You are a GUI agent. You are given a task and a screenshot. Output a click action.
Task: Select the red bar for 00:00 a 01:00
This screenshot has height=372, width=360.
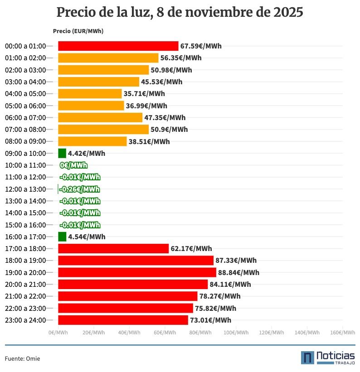coord(118,46)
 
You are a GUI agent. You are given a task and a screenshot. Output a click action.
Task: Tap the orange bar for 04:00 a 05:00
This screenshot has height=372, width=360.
coord(90,94)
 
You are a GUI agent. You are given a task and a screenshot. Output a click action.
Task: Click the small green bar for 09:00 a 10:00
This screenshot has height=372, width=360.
coord(62,153)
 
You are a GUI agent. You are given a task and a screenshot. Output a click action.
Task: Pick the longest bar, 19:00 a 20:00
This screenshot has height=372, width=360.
coord(137,272)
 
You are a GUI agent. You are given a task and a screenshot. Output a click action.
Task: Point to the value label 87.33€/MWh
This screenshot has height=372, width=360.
coord(236,261)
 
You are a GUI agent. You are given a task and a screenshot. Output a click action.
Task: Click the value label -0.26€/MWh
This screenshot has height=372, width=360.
coord(80,189)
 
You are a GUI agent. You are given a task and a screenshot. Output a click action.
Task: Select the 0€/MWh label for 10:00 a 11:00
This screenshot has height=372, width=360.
coord(73,165)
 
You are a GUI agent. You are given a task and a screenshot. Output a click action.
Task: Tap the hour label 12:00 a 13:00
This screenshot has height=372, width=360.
coord(25,189)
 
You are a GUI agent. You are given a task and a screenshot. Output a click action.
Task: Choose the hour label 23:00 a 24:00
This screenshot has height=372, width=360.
coord(25,320)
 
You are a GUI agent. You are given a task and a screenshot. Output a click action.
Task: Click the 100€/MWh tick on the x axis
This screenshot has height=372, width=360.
coord(236,333)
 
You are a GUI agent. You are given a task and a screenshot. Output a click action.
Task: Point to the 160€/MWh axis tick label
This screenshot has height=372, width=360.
coord(342,333)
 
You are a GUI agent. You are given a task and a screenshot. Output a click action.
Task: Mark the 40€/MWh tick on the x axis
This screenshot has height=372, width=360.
coord(129,333)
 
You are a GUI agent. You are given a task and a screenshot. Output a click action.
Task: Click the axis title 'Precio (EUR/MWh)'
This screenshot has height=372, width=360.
coord(78,31)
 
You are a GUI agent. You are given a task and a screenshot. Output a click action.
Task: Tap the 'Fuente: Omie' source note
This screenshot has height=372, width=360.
coord(22,358)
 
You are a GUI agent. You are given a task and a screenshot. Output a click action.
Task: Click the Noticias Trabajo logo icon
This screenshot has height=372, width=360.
coord(307,358)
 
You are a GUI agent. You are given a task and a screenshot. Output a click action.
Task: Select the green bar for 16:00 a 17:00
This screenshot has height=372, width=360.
coord(62,237)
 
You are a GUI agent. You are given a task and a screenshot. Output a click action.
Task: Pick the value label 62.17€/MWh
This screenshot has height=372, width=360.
coord(191,249)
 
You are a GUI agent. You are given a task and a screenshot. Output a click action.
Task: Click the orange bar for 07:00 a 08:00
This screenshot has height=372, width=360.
coord(103,130)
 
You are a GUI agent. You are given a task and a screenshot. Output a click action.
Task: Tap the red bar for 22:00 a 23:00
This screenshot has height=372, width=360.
coord(126,308)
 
